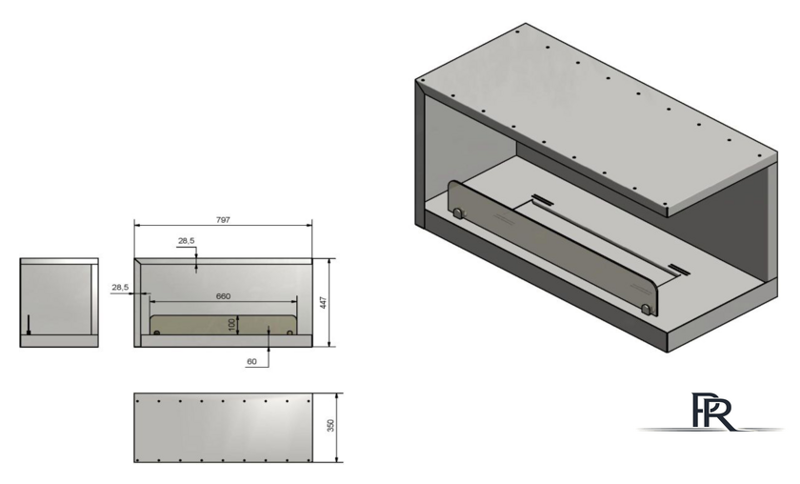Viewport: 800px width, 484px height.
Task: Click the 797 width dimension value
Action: pos(223,219)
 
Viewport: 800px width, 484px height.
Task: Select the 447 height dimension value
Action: pos(323,303)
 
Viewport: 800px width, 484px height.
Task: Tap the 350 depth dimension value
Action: pos(330,425)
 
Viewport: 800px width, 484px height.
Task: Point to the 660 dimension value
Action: pos(223,296)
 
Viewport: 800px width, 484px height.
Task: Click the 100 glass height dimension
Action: pos(232,325)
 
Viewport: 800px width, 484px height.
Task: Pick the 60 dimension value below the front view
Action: pos(251,361)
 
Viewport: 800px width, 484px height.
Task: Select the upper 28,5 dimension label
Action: pos(187,240)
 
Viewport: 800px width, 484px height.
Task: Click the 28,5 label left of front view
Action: pos(120,288)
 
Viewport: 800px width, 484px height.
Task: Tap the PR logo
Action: pos(712,411)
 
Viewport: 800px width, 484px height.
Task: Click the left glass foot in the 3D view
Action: pos(458,212)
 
